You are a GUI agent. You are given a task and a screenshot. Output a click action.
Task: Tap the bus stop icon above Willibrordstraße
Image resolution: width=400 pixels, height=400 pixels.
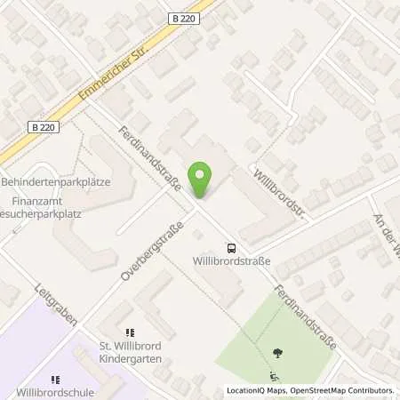point(231,248)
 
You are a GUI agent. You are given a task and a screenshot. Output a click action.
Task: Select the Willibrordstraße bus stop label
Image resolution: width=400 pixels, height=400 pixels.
point(232,261)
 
